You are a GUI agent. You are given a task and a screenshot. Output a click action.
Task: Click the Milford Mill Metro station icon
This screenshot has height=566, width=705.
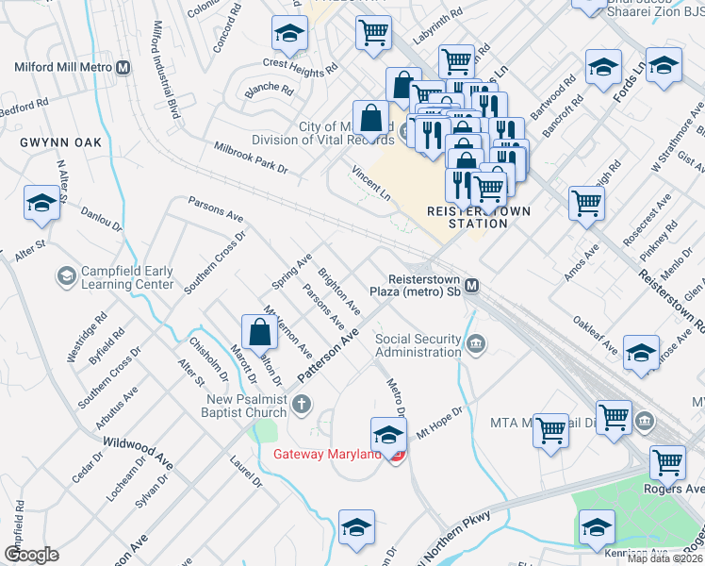(123, 67)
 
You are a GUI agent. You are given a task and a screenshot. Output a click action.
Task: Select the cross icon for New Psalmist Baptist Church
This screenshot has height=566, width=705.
(301, 406)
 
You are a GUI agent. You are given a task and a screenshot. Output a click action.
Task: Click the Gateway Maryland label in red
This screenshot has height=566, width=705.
(327, 454)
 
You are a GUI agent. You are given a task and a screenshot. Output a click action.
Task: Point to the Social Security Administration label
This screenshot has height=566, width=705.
(418, 345)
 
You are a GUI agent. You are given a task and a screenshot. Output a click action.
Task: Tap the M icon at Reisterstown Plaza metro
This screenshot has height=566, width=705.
(472, 286)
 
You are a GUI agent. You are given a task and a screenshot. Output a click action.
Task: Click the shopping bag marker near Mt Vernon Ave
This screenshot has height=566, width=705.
(259, 332)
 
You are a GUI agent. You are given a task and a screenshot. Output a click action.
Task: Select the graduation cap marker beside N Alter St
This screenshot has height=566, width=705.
(41, 203)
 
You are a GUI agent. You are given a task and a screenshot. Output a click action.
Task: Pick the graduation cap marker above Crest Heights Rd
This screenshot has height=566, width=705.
(289, 34)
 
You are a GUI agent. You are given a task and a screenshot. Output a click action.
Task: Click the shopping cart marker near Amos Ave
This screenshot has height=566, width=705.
(586, 202)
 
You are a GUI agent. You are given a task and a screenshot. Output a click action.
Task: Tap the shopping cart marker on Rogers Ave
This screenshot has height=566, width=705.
(667, 462)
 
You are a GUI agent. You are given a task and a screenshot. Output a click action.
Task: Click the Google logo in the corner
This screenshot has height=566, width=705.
(31, 555)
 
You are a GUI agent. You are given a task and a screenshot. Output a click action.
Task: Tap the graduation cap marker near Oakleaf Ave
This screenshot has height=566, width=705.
(641, 352)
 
